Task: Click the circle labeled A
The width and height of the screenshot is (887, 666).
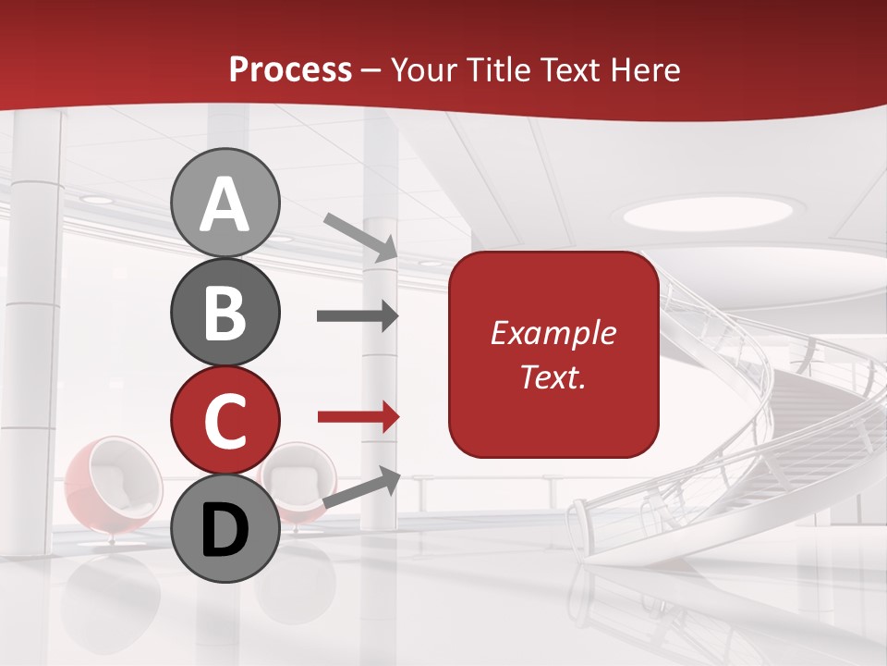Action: (x=225, y=203)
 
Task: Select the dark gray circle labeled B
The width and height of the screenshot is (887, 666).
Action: (x=225, y=311)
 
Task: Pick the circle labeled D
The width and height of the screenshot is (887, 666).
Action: (x=225, y=528)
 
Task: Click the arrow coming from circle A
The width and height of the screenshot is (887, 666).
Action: (x=359, y=236)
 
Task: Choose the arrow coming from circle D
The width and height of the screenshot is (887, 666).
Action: (x=361, y=487)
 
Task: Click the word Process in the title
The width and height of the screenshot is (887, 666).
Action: (x=290, y=69)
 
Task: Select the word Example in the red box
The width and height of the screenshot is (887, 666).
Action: (x=553, y=333)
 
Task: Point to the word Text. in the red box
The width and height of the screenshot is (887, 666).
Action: (x=553, y=376)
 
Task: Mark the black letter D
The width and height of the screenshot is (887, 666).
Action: (x=225, y=530)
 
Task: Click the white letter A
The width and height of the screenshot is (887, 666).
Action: (x=225, y=204)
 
